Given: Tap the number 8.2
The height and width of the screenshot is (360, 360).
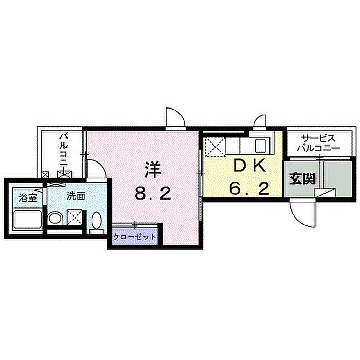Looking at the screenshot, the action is pos(153,193).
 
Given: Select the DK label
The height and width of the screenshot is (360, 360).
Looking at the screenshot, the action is pos(249,166).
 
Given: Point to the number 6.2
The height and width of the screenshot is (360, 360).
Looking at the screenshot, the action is pos(249,189).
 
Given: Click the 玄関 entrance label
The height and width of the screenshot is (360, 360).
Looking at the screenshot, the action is pos(302,178).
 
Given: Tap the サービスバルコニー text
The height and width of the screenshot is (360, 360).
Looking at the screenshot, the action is pos(318,143).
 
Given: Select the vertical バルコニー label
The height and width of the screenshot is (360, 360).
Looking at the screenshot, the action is pos(64,150).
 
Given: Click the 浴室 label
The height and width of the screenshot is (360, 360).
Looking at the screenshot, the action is pos(28,197).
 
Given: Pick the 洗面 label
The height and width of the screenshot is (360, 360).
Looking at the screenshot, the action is pos(76,196).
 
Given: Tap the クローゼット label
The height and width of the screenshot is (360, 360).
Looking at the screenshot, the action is pos(135,237).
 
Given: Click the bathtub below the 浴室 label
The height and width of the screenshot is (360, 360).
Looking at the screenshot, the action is pos(27,219).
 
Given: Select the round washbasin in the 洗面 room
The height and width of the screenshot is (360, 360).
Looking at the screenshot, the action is pos(55,218).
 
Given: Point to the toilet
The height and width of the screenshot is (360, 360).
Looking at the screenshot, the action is pos(96,222).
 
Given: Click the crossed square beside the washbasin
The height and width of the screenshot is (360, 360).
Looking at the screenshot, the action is pos(75,217).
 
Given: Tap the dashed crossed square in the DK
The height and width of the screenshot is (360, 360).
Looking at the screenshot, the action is pos(215,147).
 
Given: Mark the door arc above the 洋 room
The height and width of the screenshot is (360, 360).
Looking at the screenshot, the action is pos(175,117).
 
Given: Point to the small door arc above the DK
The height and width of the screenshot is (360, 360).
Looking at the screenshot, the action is pos(259,121).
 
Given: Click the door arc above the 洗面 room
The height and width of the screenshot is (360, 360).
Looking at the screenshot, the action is pos(97,169).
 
